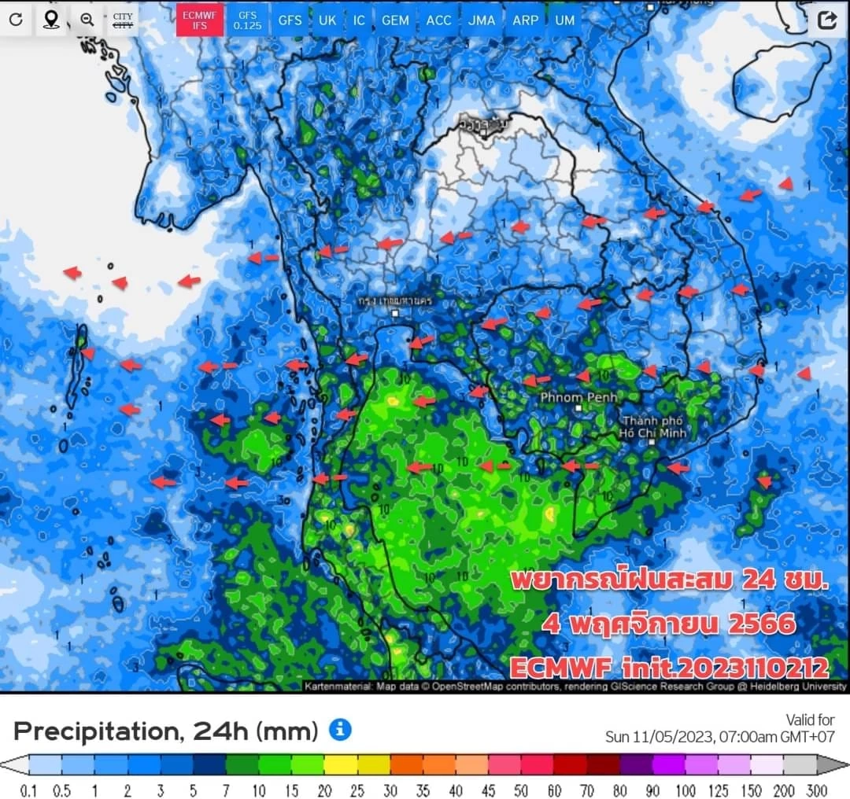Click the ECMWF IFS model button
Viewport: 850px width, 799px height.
[x=199, y=20]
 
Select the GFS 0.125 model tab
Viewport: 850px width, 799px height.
[x=247, y=20]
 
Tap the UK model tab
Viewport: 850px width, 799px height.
[x=327, y=20]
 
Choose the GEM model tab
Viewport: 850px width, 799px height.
[x=395, y=20]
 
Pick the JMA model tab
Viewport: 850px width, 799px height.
[x=482, y=20]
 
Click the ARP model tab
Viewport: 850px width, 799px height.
[x=525, y=20]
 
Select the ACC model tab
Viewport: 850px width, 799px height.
[x=439, y=20]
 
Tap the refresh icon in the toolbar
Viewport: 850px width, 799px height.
[x=16, y=20]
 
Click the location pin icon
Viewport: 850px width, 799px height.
[x=51, y=20]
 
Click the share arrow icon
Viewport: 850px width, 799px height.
[x=826, y=20]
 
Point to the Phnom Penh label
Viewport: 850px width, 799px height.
[x=578, y=398]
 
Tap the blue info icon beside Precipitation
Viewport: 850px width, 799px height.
[x=340, y=730]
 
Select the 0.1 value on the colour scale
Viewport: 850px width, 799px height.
[x=29, y=790]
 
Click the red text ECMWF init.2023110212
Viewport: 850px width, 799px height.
[x=669, y=668]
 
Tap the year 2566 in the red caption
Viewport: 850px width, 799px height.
[x=761, y=625]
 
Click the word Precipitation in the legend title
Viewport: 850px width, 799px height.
[x=91, y=731]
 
